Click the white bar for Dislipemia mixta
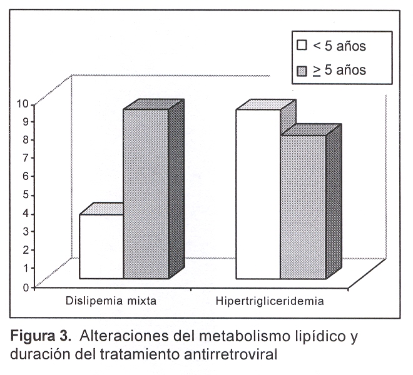[101, 247]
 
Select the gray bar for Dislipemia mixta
[145, 194]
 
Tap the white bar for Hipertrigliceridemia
[257, 194]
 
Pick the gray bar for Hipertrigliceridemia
[303, 206]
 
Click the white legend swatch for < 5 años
[302, 45]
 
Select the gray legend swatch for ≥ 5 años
[302, 69]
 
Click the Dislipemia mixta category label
[111, 301]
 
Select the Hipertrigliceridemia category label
[270, 301]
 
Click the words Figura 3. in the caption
[41, 337]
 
